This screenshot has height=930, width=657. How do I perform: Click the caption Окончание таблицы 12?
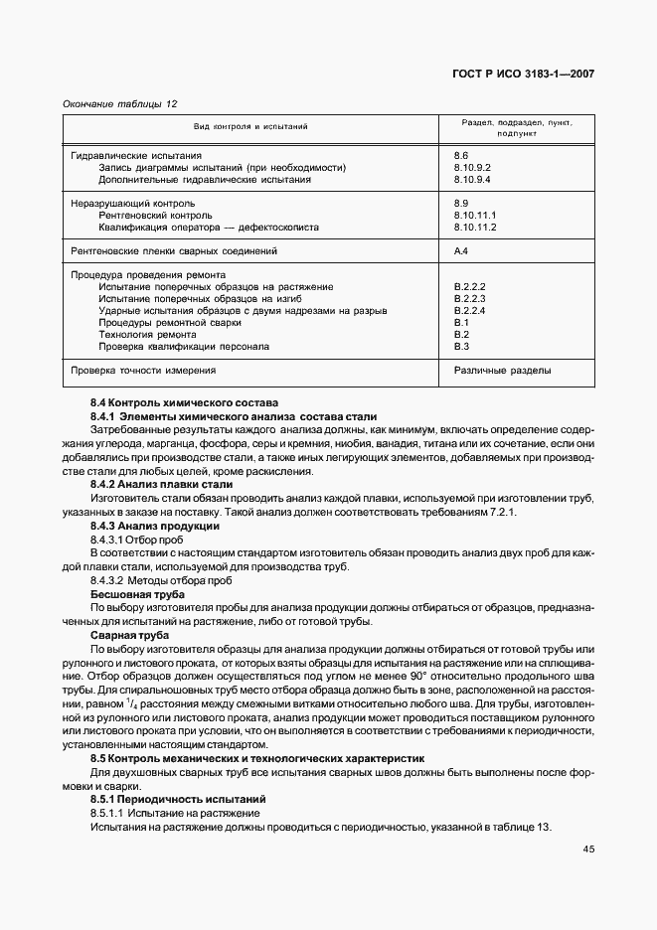click(x=119, y=103)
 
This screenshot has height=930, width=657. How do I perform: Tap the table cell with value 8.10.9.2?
click(x=472, y=168)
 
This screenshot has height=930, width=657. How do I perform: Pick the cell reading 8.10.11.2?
click(x=474, y=228)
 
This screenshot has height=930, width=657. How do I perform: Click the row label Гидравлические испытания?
click(x=136, y=156)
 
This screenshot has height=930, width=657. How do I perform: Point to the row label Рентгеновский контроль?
click(x=155, y=216)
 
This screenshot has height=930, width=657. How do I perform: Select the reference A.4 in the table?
click(x=461, y=251)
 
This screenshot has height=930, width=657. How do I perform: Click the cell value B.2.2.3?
click(x=468, y=299)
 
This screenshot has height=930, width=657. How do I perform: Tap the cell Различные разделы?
click(x=503, y=371)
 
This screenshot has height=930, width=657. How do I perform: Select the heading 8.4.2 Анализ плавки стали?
click(x=161, y=484)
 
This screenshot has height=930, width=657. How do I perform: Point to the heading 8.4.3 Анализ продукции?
click(x=154, y=525)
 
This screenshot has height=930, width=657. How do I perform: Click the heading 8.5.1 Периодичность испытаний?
click(x=177, y=800)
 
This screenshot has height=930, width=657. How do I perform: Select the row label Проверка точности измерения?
click(x=143, y=371)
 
